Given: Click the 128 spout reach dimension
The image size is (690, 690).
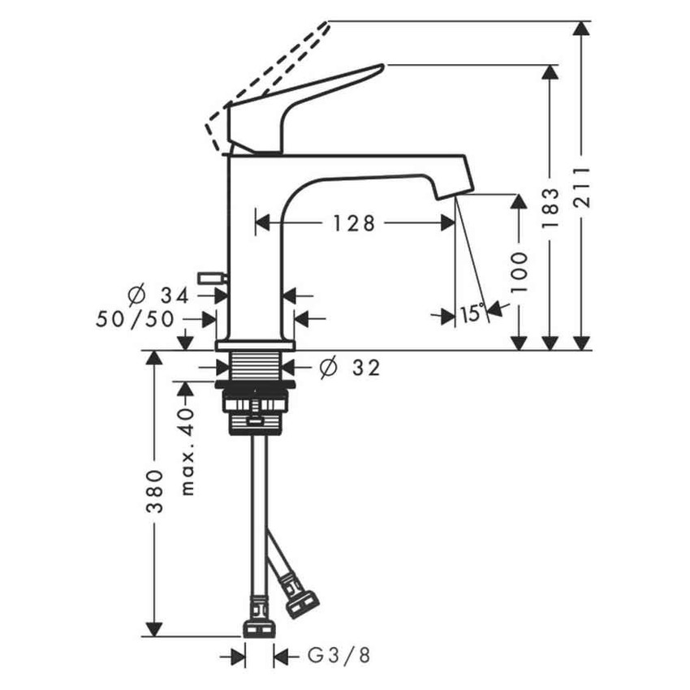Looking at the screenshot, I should point(352,223).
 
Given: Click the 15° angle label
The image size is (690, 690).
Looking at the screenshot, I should point(472,313).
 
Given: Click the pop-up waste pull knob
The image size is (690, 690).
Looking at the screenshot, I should point(212,278).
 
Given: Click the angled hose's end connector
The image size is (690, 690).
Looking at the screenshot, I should point(301,600).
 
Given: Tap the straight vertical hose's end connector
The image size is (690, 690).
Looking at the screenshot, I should point(260,627).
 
